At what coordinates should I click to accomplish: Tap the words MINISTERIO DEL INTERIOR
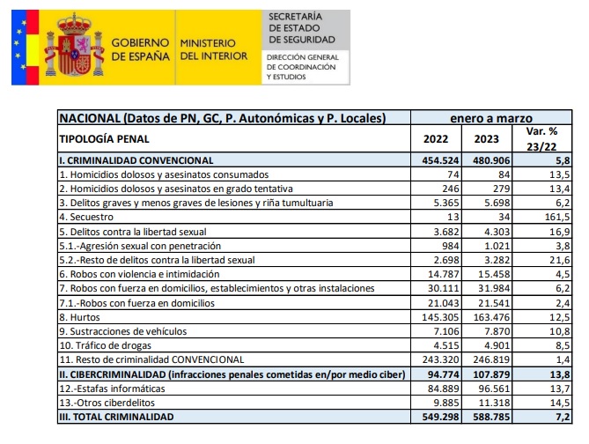(x=207, y=49)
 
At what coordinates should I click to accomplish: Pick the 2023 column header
(x=486, y=138)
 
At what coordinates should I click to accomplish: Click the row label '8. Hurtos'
(x=81, y=317)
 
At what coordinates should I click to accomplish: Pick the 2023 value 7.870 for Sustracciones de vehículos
(x=487, y=331)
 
